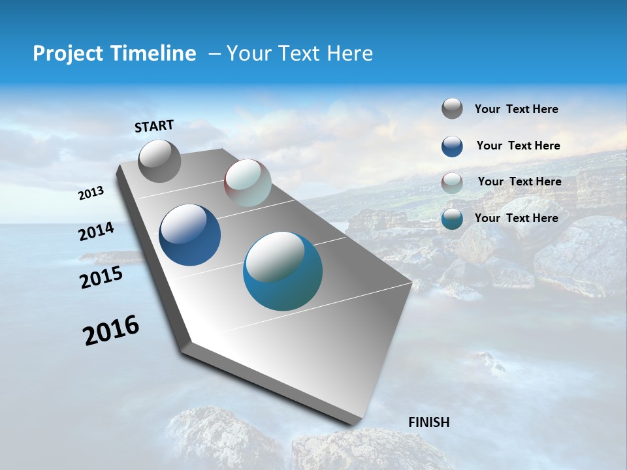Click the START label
[154, 126]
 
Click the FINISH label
[428, 422]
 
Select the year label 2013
[91, 193]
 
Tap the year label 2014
[97, 231]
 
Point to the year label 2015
[101, 277]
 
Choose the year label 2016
[111, 330]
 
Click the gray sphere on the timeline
[159, 161]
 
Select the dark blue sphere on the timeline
[189, 235]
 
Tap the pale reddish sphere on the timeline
[248, 183]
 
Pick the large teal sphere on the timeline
[283, 271]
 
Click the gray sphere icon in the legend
[452, 109]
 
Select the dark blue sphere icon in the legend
[452, 146]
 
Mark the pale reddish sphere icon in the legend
[452, 183]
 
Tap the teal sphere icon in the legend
[452, 219]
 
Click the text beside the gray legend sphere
[516, 109]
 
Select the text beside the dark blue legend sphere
[518, 146]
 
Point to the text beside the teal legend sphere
[516, 218]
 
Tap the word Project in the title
[65, 54]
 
